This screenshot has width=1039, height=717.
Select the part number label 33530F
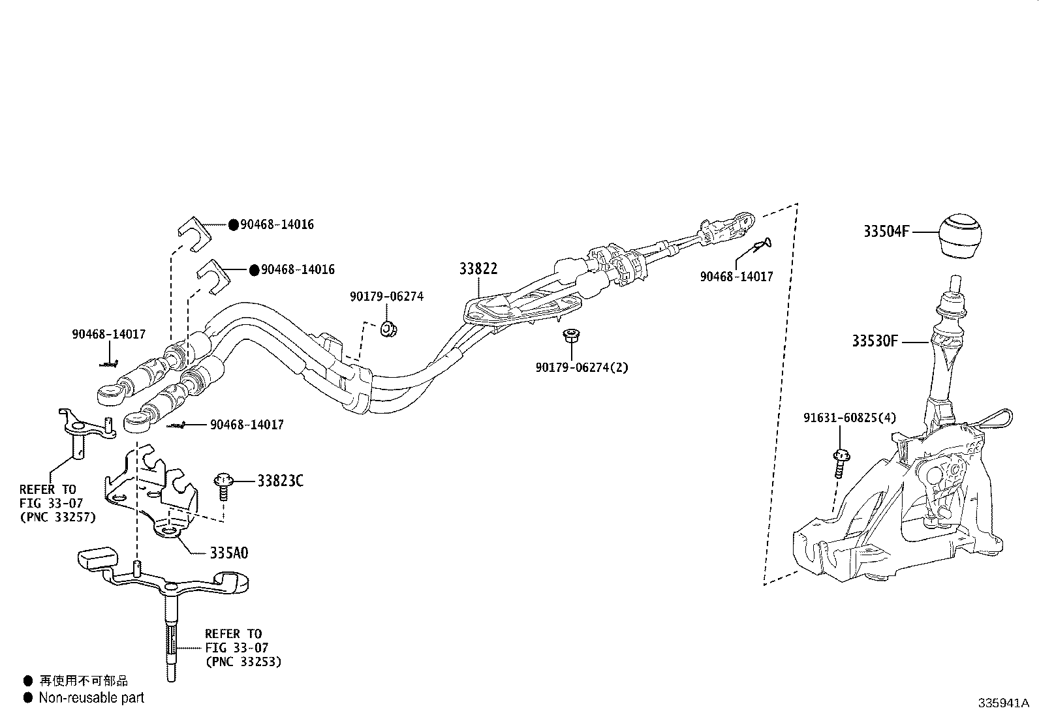pos(875,341)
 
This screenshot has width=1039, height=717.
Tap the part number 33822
pos(478,269)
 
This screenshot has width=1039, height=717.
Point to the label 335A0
pos(228,553)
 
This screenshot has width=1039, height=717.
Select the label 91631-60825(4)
pos(849,418)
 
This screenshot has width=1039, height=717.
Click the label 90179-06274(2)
pos(582,367)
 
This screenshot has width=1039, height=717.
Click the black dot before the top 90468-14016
pos(233,224)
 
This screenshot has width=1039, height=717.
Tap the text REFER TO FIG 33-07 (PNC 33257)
pos(57,503)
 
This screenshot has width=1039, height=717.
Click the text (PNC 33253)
pos(243,662)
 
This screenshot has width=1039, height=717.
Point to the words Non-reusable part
pos(91,698)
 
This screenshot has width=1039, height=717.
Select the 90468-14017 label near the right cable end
pos(736,277)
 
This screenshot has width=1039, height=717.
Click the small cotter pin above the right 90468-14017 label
pos(761,245)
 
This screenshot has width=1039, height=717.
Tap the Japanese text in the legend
pos(84,680)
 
